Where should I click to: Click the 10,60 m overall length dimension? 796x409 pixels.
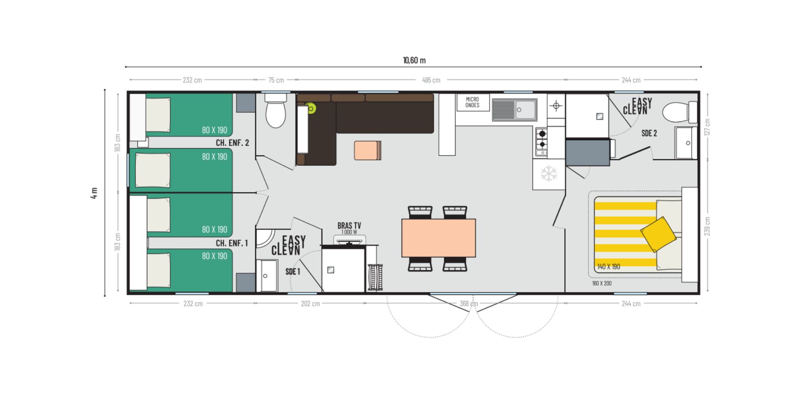coord(414,60)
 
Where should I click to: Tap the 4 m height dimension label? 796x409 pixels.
coord(94,193)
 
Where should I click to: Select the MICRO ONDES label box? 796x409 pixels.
coord(472,103)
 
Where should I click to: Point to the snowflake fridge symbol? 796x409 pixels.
coord(549,174)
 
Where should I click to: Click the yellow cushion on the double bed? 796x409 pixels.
coord(658,234)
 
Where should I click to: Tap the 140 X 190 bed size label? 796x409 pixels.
coord(608,267)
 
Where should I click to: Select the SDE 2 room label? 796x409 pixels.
coord(649,133)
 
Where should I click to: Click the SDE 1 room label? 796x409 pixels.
coord(293,271)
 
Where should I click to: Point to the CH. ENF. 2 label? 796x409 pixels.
coord(232,143)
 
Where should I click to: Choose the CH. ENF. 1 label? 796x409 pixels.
coord(232,243)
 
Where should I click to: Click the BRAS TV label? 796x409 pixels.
coord(349,226)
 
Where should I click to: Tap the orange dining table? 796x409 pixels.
coord(438,238)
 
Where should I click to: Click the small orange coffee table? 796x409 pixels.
coord(367,150)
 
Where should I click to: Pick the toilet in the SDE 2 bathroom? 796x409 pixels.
coord(679,112)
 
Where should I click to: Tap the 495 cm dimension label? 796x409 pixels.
coord(431,80)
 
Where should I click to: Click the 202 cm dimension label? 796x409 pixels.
coord(310,303)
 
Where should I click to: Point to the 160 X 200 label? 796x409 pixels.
coord(602,283)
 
